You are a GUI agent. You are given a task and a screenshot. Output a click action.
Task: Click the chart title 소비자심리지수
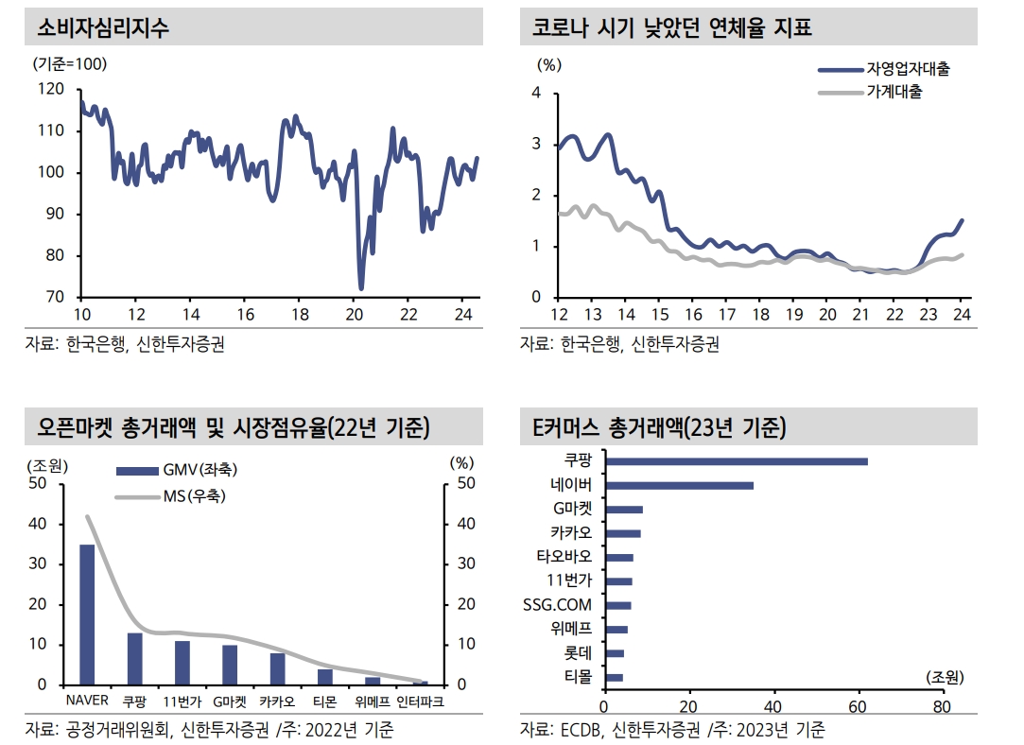click(x=103, y=27)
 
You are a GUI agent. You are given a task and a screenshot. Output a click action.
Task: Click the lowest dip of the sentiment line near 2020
click(x=360, y=287)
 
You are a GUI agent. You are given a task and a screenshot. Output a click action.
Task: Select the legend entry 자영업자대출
click(x=908, y=69)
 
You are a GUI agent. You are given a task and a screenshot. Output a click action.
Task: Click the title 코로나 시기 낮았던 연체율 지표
click(x=667, y=27)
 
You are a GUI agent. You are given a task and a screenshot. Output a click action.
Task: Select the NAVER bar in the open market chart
click(x=87, y=615)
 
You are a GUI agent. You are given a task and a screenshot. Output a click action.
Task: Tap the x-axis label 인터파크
click(x=420, y=702)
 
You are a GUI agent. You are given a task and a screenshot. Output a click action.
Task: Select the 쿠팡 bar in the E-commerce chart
click(x=736, y=461)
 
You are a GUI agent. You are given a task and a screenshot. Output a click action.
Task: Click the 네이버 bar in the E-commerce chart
click(x=678, y=485)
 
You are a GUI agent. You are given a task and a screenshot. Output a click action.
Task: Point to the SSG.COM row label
click(x=557, y=605)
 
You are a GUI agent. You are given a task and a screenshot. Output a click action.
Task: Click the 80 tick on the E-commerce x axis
click(x=942, y=705)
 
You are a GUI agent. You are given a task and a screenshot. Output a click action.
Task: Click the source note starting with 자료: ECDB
click(x=672, y=730)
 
